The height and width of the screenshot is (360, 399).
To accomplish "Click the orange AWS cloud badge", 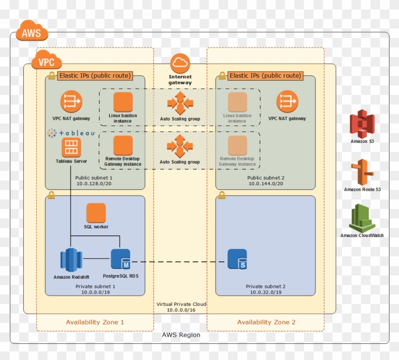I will [32, 33].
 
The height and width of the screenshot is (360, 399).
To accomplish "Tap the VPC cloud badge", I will [46, 61].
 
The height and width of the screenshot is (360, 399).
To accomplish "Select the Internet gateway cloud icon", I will [180, 63].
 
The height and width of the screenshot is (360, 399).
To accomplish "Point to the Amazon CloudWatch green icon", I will [362, 218].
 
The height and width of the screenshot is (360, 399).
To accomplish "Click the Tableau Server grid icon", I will [71, 148].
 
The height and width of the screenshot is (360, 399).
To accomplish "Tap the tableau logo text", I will [71, 133].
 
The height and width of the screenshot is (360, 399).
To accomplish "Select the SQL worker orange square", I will [96, 213].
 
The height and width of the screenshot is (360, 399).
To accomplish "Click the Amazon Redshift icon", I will [71, 260].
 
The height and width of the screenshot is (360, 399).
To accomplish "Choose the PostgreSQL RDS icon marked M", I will [120, 259].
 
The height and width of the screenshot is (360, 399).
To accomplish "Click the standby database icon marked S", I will [237, 259].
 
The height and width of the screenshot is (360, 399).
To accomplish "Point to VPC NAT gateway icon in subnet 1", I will [71, 102].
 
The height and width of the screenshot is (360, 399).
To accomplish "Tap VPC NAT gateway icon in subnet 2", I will [287, 102].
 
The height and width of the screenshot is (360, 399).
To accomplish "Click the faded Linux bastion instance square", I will [237, 102].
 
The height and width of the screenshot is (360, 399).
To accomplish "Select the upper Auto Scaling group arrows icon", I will [180, 103].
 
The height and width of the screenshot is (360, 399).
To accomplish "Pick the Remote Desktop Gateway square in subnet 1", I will [123, 145].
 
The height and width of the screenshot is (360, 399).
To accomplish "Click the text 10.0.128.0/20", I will [94, 184].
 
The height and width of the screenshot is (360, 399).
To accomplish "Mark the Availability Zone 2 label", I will [266, 322].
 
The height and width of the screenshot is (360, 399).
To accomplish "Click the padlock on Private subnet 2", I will [221, 195].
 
